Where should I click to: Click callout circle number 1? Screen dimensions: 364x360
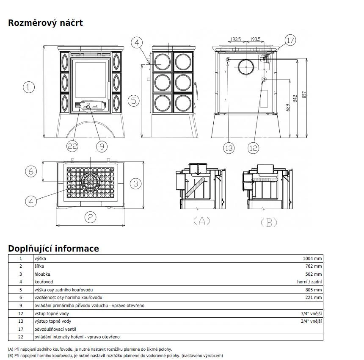click(29, 87)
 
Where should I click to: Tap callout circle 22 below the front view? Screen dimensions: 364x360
click(72, 146)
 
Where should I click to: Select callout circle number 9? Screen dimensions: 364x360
click(102, 146)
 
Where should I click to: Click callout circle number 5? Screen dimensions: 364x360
click(134, 100)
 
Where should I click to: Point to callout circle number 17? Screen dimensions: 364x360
click(290, 40)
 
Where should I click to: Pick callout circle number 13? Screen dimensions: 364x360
click(229, 148)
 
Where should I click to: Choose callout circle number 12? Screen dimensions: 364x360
click(253, 148)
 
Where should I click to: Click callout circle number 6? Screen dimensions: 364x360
click(31, 172)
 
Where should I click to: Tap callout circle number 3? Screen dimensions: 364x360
click(136, 183)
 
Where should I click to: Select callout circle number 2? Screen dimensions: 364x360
click(90, 217)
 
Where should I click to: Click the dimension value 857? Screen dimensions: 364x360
click(304, 94)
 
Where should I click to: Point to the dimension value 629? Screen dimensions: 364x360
click(288, 108)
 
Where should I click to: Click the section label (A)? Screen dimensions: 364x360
click(202, 221)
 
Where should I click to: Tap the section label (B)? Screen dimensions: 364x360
click(269, 222)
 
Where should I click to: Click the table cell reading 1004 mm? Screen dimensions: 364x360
click(312, 258)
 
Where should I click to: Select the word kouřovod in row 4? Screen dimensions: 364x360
click(44, 282)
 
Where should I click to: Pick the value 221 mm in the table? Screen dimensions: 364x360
click(314, 297)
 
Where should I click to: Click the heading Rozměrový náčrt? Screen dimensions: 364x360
click(46, 23)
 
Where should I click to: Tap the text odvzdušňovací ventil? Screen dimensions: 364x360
click(55, 329)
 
